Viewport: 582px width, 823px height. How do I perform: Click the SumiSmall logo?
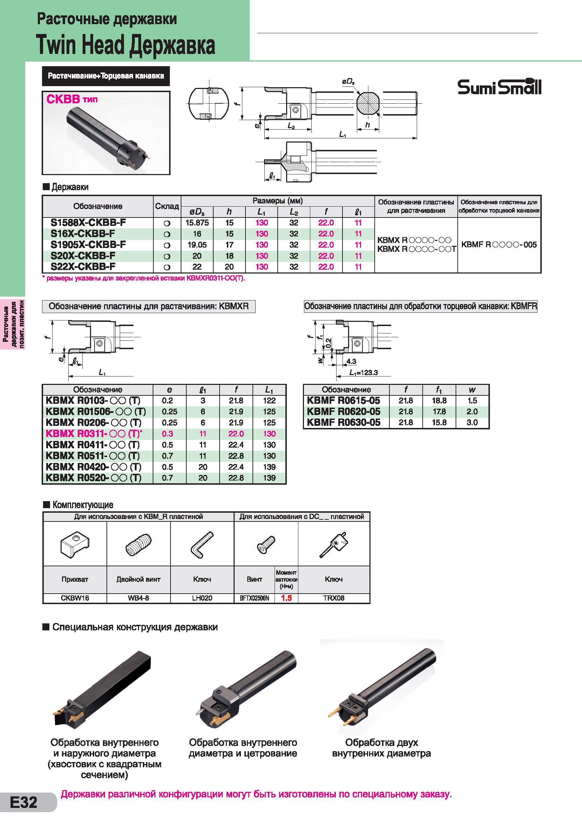coord(499,87)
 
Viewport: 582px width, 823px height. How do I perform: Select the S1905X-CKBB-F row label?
coord(88,245)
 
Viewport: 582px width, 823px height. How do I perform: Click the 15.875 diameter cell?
coord(197,223)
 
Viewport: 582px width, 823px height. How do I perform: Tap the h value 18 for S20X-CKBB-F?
coord(229,256)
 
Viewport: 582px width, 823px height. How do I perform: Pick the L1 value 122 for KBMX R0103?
coord(269,401)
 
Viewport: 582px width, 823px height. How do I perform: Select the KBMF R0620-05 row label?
coord(343,411)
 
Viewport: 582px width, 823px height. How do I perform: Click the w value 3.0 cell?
coord(472,423)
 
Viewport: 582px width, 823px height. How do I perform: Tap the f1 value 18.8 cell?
coord(439,401)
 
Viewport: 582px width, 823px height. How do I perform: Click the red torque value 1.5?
coord(286,598)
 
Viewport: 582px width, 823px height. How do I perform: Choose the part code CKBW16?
coord(75,598)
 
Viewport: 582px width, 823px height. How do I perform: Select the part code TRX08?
coord(334,598)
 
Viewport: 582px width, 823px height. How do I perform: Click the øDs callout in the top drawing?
coord(348,82)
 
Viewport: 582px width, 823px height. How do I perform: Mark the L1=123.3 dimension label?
coord(363,373)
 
